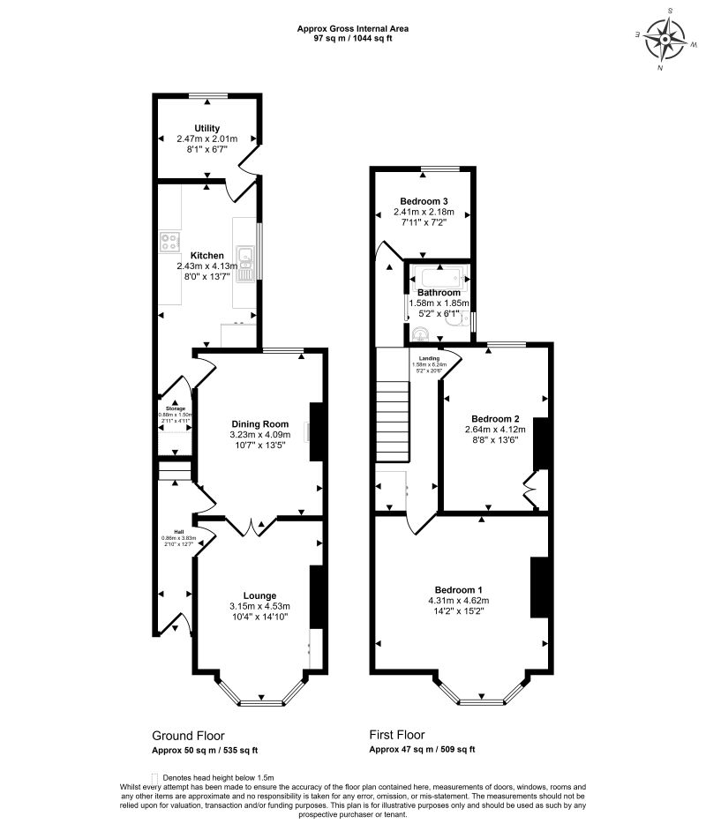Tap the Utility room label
click(x=207, y=129)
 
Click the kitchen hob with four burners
click(x=170, y=241)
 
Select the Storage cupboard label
click(x=176, y=409)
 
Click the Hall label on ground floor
click(x=178, y=532)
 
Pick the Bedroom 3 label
click(x=424, y=200)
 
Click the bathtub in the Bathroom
click(x=439, y=276)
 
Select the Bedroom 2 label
click(x=494, y=418)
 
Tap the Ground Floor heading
click(x=188, y=735)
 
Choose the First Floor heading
click(x=397, y=734)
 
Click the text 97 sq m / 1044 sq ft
click(x=353, y=38)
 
